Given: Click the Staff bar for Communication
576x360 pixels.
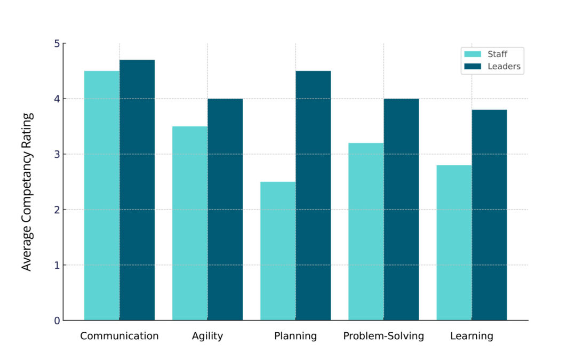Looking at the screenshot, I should [x=102, y=195].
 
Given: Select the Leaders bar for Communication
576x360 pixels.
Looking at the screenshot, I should [x=137, y=190].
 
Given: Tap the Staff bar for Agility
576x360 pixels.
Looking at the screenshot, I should [x=190, y=223].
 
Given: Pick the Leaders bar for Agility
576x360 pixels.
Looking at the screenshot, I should [x=225, y=209].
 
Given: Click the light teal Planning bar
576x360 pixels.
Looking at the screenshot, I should [x=278, y=251].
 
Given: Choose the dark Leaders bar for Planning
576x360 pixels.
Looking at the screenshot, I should [x=313, y=195].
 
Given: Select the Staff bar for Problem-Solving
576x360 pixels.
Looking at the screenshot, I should [x=366, y=231].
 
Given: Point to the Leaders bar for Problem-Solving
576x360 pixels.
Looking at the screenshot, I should [x=401, y=209].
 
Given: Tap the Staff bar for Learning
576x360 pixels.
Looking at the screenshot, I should [x=454, y=243].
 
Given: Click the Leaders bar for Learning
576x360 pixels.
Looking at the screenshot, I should [x=489, y=215].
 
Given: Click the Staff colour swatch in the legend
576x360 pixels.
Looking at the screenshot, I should [x=473, y=54].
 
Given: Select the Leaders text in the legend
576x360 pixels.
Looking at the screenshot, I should [x=504, y=67].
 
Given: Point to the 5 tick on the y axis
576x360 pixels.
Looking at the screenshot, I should [x=56, y=43].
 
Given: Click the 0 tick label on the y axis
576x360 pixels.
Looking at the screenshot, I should [x=56, y=321].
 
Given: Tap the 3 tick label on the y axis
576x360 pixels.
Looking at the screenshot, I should [x=56, y=154].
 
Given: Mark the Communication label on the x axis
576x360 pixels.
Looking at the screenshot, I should [x=119, y=337].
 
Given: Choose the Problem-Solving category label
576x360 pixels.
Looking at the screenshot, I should [x=383, y=337].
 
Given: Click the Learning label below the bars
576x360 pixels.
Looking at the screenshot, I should [x=471, y=337].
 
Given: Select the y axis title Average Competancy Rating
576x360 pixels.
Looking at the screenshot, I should [x=27, y=191].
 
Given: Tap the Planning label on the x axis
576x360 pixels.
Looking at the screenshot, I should [x=295, y=337].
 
